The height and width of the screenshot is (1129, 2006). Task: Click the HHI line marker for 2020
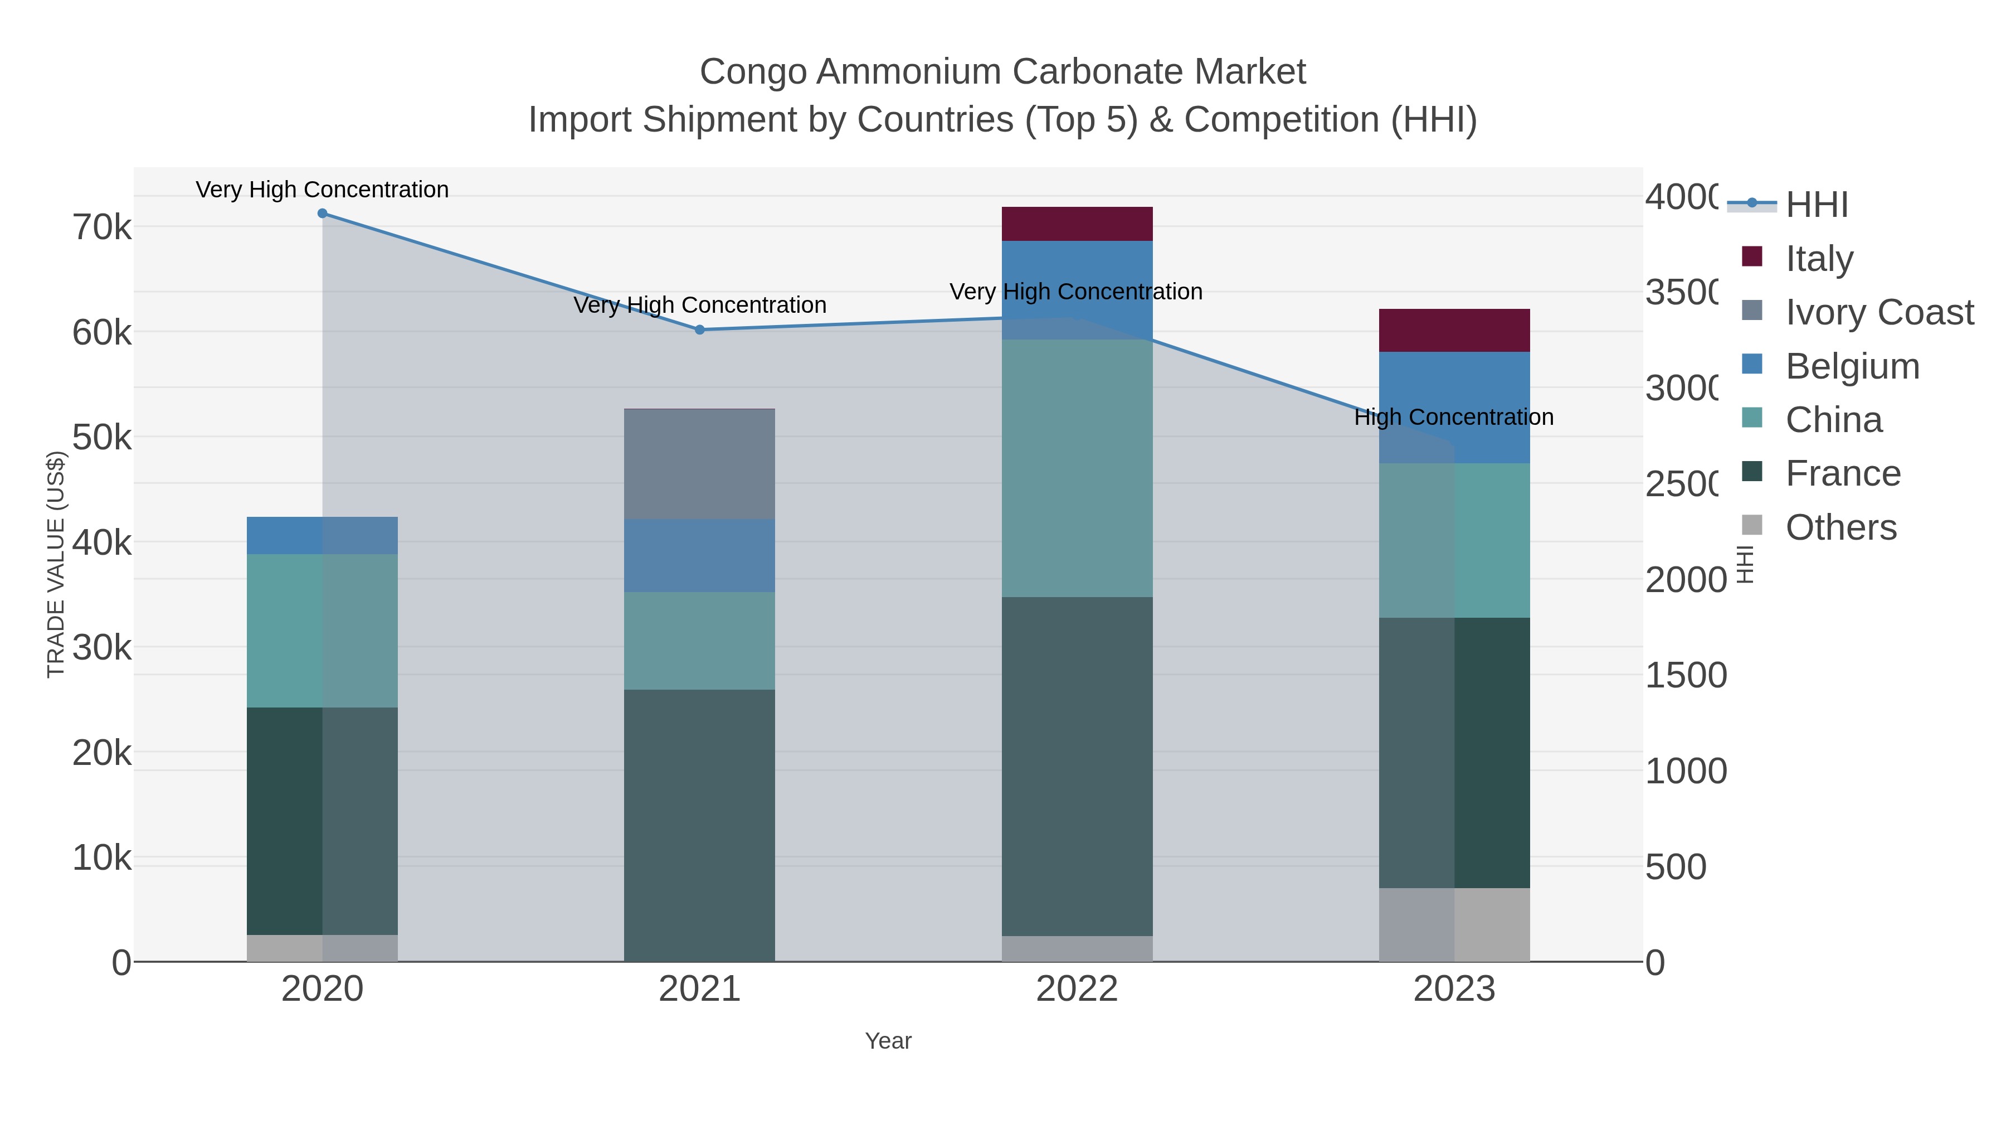[x=323, y=214]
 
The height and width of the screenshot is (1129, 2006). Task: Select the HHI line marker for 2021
[x=699, y=330]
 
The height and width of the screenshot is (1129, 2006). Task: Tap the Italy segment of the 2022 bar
[x=1077, y=224]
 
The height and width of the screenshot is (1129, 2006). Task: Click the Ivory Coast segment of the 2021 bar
[x=699, y=464]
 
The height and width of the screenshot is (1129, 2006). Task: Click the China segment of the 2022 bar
[x=1077, y=468]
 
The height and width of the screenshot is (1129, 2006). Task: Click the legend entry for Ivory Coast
[x=1879, y=312]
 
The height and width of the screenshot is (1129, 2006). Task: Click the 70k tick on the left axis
[x=102, y=227]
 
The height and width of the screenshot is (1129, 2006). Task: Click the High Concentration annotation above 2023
[x=1453, y=417]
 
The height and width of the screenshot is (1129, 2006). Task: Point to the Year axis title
[x=888, y=1041]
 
